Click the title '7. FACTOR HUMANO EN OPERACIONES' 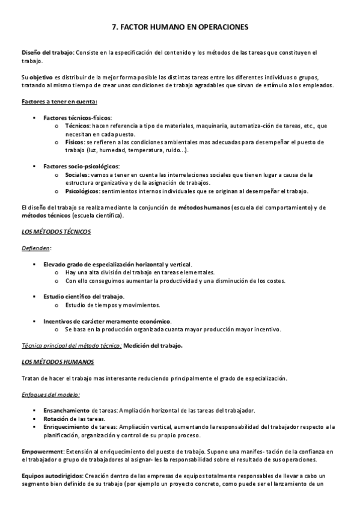click(180, 26)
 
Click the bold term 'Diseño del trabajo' click(47, 53)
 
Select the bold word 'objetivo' click(40, 78)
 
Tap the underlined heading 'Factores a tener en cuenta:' click(51, 101)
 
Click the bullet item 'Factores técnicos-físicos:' click(78, 118)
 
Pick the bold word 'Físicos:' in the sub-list click(76, 143)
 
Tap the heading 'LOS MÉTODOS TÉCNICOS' click(56, 232)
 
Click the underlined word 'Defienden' click(35, 247)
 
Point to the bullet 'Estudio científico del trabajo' click(83, 296)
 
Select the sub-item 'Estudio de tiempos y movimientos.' click(113, 305)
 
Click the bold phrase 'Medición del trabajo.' click(153, 346)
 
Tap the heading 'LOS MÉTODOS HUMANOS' click(57, 362)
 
